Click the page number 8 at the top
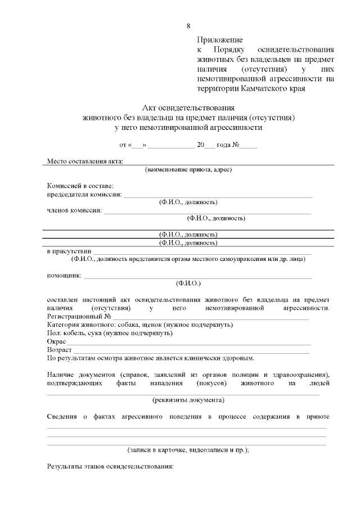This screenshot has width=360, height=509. click(188, 26)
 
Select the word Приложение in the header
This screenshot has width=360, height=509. click(220, 40)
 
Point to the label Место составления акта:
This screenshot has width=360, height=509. click(84, 161)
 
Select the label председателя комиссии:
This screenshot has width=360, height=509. click(84, 194)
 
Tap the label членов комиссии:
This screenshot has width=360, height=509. click(74, 210)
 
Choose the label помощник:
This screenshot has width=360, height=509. click(64, 275)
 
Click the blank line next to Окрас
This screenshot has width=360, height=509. click(186, 343)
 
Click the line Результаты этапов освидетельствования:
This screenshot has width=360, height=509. click(110, 467)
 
